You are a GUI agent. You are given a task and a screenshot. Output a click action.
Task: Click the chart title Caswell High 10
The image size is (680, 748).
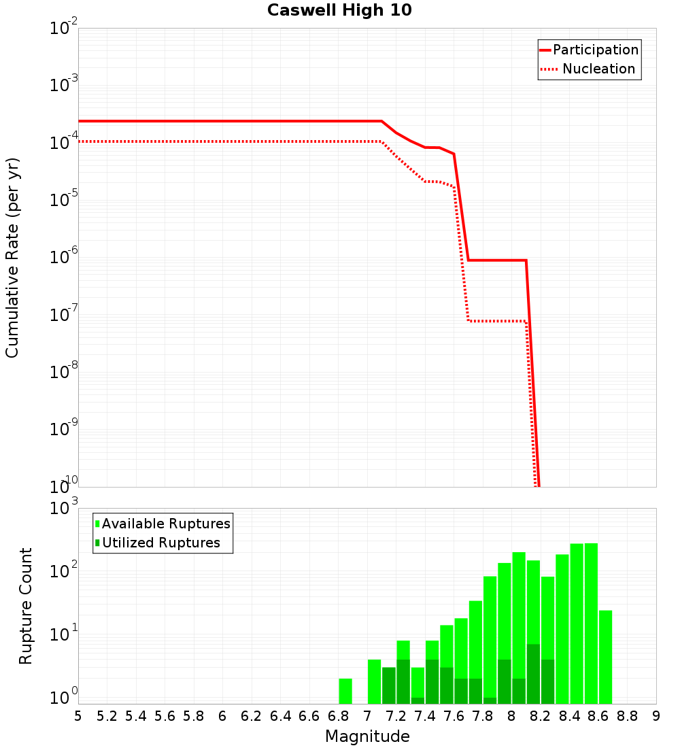tap(339, 10)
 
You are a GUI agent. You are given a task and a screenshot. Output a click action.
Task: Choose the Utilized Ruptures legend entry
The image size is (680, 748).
tap(160, 543)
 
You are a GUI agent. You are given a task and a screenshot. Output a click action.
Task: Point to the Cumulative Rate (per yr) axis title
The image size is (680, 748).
tap(12, 258)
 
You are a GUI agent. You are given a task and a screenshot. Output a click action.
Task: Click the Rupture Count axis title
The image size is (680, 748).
tap(26, 606)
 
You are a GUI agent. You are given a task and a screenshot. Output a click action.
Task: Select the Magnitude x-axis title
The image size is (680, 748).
tap(367, 736)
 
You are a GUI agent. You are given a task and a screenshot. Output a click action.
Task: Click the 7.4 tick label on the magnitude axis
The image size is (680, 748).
tap(424, 716)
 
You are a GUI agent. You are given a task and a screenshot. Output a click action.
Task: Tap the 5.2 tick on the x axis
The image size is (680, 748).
tap(107, 716)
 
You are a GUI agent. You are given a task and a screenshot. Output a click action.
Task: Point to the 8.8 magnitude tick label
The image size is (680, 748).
tap(627, 716)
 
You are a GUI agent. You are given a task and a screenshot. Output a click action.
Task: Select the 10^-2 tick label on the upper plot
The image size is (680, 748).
tap(65, 29)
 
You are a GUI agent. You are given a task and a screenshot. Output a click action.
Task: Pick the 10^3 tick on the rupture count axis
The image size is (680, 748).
tap(65, 509)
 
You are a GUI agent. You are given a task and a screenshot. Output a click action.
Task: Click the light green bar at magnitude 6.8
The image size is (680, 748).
tap(345, 691)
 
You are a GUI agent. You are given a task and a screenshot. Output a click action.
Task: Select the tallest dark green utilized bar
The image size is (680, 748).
tap(534, 673)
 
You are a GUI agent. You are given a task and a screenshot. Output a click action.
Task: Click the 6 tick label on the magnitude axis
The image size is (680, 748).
tap(222, 716)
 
